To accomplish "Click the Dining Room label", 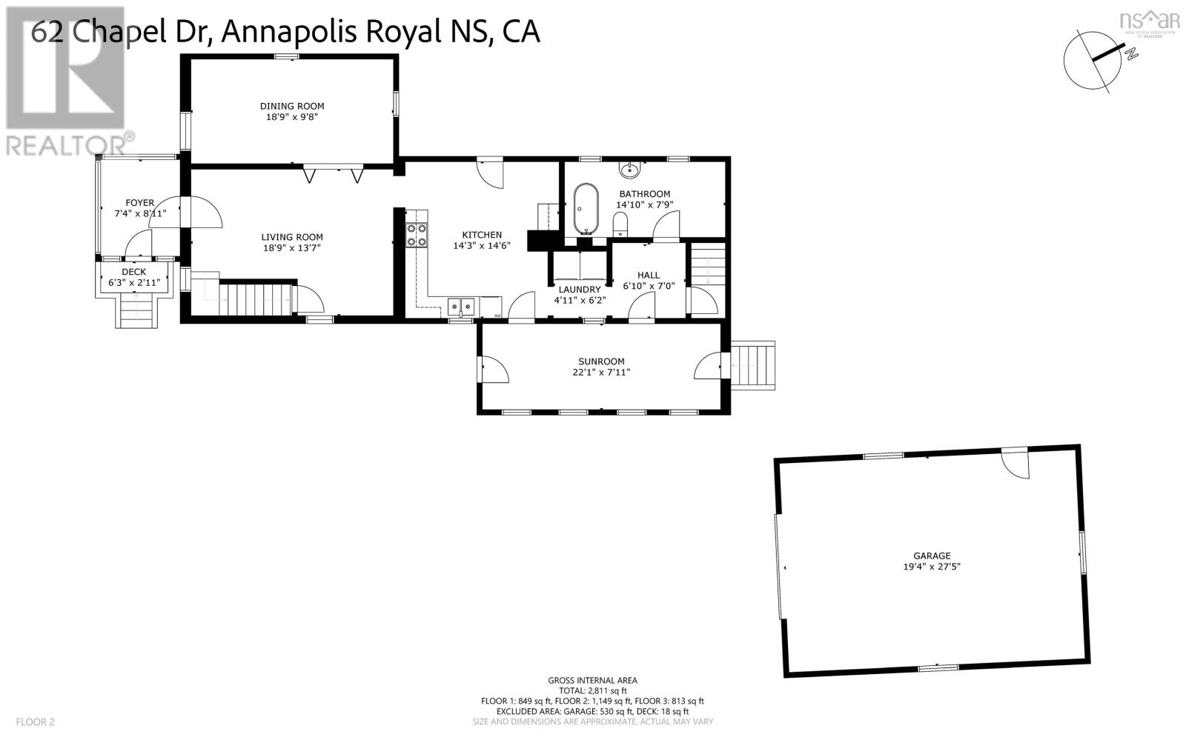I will click(291, 106).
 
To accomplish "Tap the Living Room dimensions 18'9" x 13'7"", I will click(292, 248).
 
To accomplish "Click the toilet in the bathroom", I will click(620, 221).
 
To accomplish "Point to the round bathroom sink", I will click(630, 170).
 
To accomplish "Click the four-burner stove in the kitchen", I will click(417, 235).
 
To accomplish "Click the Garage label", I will click(932, 556).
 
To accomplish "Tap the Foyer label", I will click(139, 202).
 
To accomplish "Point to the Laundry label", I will click(579, 290).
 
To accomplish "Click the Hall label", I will click(648, 275).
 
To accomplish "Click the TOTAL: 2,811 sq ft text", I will click(592, 690).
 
